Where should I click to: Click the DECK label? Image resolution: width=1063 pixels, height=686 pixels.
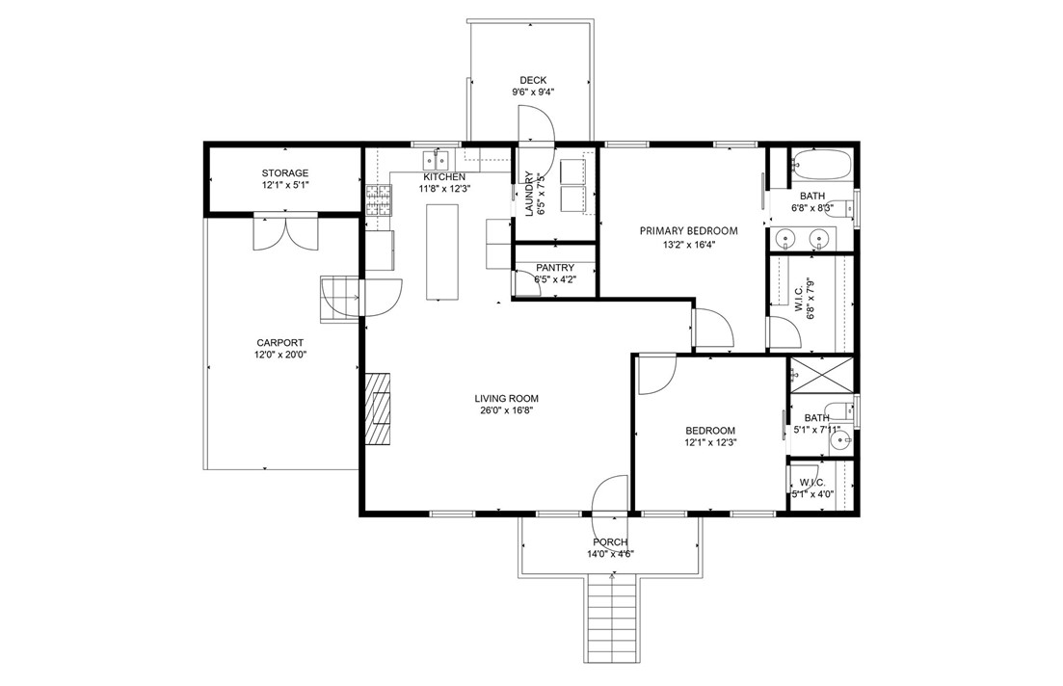pyautogui.click(x=533, y=80)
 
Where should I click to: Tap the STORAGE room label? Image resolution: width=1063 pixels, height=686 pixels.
pyautogui.click(x=284, y=172)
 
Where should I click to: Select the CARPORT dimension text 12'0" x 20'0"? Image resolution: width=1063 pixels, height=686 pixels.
pyautogui.click(x=280, y=355)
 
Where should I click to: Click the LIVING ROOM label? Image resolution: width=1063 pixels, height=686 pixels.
pyautogui.click(x=506, y=399)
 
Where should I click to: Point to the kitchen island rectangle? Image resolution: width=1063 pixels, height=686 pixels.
pyautogui.click(x=442, y=251)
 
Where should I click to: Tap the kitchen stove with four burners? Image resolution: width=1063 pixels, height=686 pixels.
pyautogui.click(x=379, y=200)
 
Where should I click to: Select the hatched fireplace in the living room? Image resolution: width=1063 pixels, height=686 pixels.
pyautogui.click(x=379, y=409)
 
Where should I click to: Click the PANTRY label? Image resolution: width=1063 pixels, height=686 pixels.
pyautogui.click(x=554, y=268)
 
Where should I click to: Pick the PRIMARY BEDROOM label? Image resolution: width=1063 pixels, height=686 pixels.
pyautogui.click(x=689, y=230)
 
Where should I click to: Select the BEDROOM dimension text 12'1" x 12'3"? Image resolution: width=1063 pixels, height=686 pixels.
pyautogui.click(x=710, y=442)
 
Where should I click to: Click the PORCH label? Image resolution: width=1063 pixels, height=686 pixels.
pyautogui.click(x=610, y=542)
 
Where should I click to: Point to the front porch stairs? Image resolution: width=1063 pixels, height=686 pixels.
pyautogui.click(x=612, y=618)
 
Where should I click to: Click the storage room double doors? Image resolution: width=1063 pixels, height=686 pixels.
pyautogui.click(x=285, y=232)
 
